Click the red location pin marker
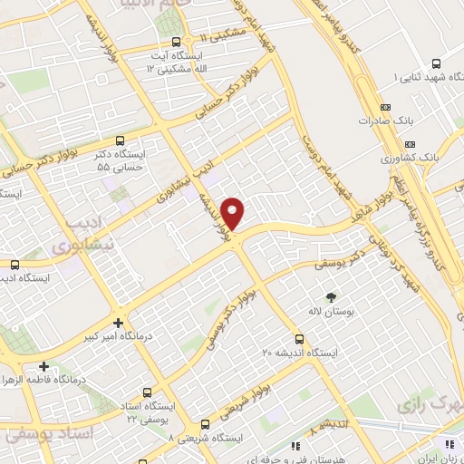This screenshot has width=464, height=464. pyautogui.click(x=234, y=213)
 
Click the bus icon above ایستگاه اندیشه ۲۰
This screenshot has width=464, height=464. pyautogui.click(x=317, y=335)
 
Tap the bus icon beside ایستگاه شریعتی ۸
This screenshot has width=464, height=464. pyautogui.click(x=205, y=423)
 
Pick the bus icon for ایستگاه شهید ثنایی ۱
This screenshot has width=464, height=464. pyautogui.click(x=436, y=63)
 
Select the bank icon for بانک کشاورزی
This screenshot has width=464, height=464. pyautogui.click(x=410, y=144)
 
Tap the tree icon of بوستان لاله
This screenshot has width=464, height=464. pyautogui.click(x=330, y=296)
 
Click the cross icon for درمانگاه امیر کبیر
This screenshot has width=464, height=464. pyautogui.click(x=119, y=323)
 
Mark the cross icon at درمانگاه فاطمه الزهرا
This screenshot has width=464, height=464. pyautogui.click(x=43, y=365)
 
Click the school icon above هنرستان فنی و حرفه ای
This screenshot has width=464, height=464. pyautogui.click(x=296, y=445)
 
